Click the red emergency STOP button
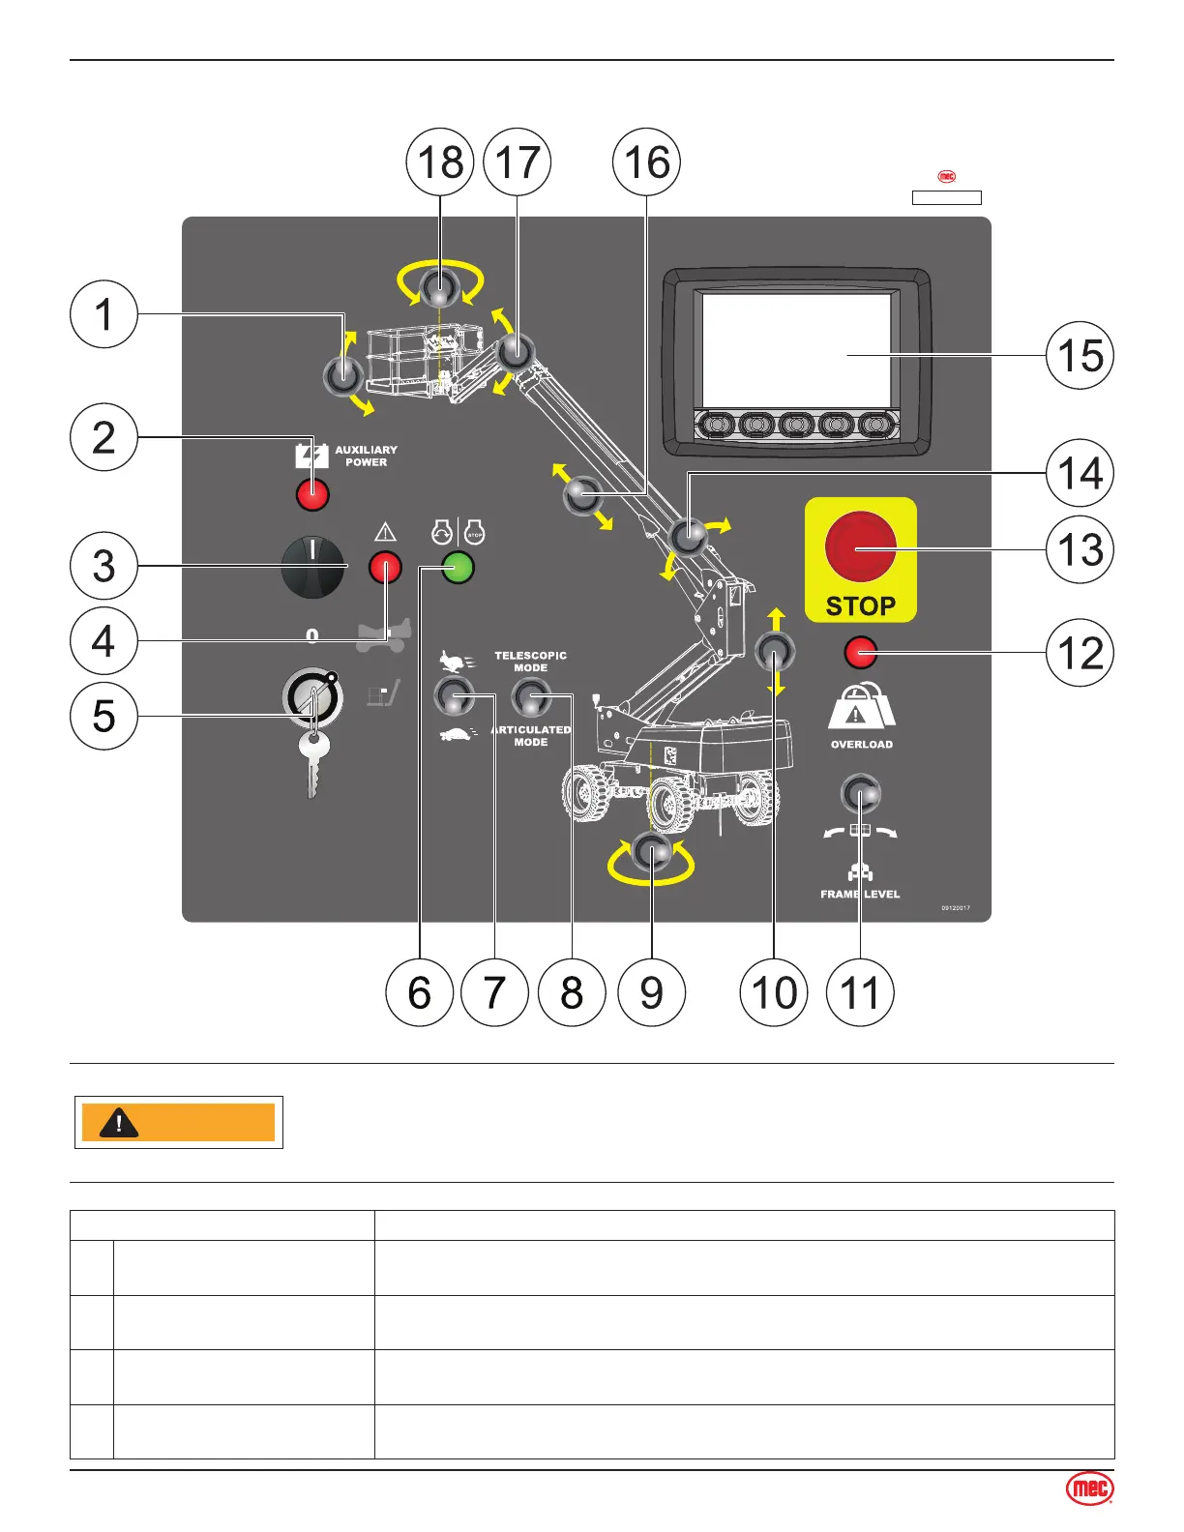tap(860, 547)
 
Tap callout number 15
tap(1080, 356)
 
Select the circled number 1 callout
tap(104, 314)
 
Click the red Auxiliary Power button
tap(312, 494)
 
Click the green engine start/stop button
tap(458, 568)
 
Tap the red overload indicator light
tap(860, 653)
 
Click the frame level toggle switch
tap(860, 794)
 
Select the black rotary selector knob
tap(312, 567)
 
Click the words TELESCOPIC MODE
tap(530, 662)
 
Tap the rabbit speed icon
tap(455, 662)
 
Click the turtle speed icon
tap(456, 735)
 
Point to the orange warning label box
tap(179, 1122)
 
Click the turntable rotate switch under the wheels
tap(651, 853)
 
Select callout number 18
tap(440, 162)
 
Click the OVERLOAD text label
tap(861, 745)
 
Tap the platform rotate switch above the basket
tap(440, 289)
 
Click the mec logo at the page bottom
tap(1089, 1489)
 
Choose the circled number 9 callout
tap(651, 992)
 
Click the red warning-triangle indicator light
tap(385, 568)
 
